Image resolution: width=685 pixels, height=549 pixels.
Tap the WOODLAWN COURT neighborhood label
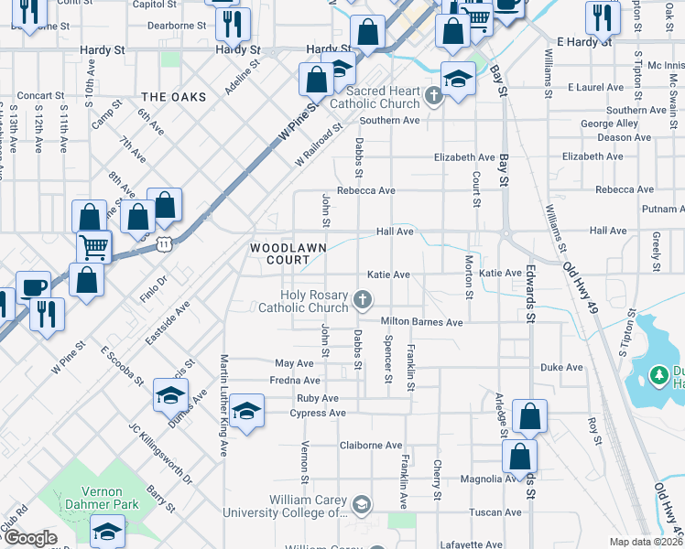click(x=275, y=254)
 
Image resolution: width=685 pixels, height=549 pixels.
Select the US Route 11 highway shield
click(x=163, y=244)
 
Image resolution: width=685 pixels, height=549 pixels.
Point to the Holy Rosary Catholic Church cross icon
click(x=364, y=298)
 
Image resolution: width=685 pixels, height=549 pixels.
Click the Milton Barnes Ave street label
click(x=421, y=322)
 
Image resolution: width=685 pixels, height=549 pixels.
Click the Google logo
click(x=31, y=538)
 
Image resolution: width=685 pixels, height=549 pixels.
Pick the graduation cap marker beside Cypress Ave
click(x=246, y=411)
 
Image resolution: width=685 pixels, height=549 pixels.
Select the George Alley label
click(x=609, y=124)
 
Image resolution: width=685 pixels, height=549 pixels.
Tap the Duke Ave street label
click(x=561, y=368)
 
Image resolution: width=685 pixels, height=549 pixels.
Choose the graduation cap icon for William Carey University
click(x=362, y=503)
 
